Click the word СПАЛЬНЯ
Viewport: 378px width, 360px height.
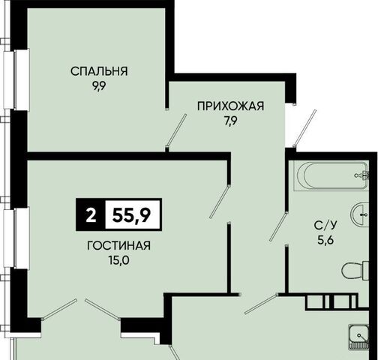tap(99, 71)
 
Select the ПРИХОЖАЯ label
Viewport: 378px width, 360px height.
tap(230, 106)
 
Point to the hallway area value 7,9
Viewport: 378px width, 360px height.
tap(230, 121)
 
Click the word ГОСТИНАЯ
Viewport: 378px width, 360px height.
tap(118, 245)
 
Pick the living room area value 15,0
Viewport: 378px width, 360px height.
tap(118, 261)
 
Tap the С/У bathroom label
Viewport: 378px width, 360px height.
tap(325, 226)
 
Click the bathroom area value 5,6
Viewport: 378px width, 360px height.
tap(326, 241)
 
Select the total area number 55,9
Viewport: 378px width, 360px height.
tap(131, 215)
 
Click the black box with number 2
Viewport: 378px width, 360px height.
tap(91, 214)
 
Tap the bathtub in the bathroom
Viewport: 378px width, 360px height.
tap(331, 176)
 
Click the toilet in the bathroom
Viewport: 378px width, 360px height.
tap(355, 270)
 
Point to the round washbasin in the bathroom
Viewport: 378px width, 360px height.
tap(360, 214)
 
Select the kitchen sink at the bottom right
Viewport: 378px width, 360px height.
tap(358, 337)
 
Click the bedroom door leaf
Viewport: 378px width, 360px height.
tap(176, 130)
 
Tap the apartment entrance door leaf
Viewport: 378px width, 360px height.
tap(305, 128)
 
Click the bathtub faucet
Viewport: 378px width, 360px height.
tap(362, 175)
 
